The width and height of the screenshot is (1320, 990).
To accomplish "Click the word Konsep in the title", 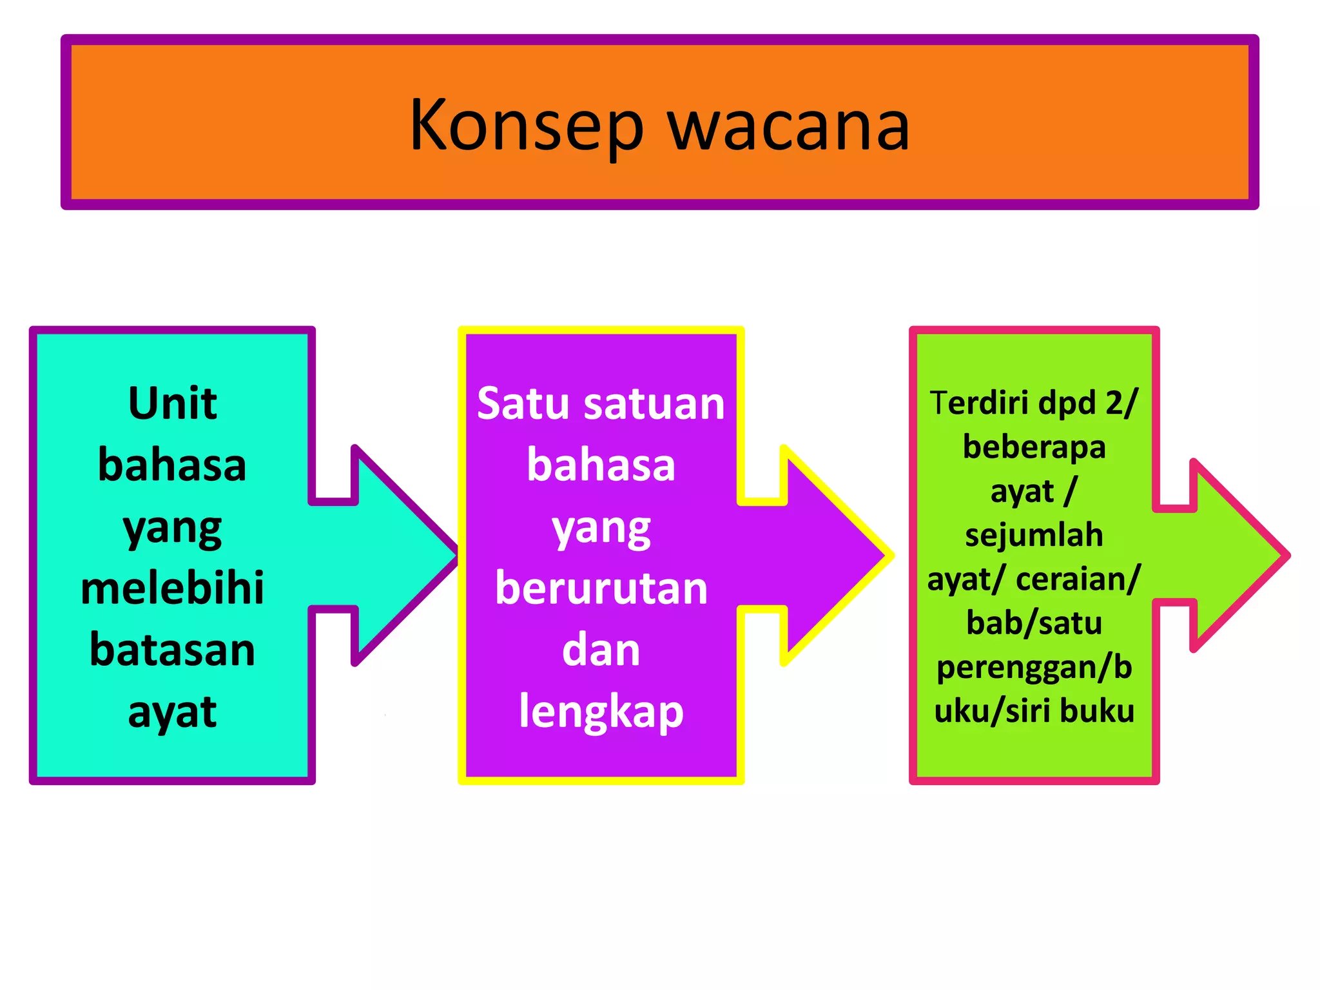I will click(x=526, y=126).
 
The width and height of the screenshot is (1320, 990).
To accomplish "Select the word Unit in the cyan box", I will click(x=173, y=403).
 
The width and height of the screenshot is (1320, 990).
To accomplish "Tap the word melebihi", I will click(x=173, y=588).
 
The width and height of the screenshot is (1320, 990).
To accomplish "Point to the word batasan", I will click(x=173, y=650).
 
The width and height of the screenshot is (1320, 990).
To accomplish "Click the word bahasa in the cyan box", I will click(x=173, y=465).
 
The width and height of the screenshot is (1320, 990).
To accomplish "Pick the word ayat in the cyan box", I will click(x=173, y=712).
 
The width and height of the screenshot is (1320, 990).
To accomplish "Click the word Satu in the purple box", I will click(x=523, y=403).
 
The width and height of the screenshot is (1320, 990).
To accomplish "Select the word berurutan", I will click(x=601, y=588).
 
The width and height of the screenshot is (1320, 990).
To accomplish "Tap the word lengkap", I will click(x=601, y=712).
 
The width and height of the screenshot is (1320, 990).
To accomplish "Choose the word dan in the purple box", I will click(x=601, y=650).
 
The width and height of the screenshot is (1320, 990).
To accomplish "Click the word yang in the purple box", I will click(x=601, y=529).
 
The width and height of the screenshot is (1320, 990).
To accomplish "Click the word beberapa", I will click(x=1034, y=447).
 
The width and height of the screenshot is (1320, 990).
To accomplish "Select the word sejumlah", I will click(x=1034, y=535).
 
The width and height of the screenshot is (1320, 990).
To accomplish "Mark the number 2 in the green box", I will click(x=1114, y=403).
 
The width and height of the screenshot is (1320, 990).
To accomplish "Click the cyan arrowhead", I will click(x=400, y=554).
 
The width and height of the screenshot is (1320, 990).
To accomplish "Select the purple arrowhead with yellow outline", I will click(x=831, y=554).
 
